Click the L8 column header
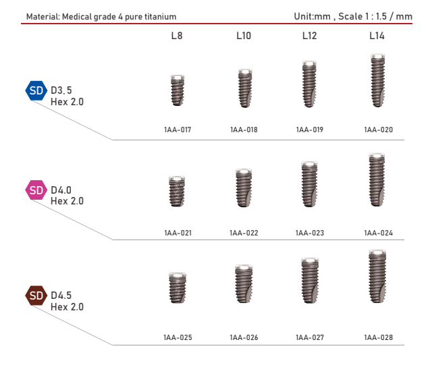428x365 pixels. (176, 36)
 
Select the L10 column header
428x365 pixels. (244, 36)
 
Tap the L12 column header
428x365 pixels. (309, 36)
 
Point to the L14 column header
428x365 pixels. (377, 36)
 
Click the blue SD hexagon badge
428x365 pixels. (36, 90)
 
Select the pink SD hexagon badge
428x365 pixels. (36, 190)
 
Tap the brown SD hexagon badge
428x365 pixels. (36, 296)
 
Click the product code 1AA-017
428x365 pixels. (178, 130)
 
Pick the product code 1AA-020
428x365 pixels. (378, 130)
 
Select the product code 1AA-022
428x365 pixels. (244, 233)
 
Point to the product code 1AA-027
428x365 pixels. (310, 337)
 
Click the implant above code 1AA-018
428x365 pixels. (244, 88)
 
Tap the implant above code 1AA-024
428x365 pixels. (377, 181)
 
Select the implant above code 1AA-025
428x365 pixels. (177, 291)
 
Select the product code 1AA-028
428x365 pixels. (378, 337)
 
